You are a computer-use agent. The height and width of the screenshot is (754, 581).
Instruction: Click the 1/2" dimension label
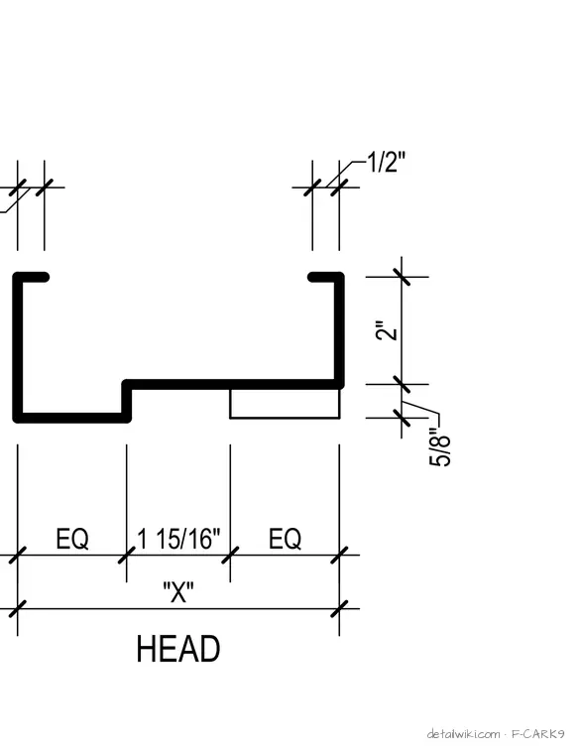(x=387, y=162)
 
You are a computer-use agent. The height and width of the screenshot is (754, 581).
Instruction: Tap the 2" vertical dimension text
(x=388, y=329)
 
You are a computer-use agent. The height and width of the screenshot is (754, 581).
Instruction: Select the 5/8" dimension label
(x=440, y=447)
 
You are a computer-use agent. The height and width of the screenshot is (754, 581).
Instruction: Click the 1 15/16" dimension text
(x=178, y=539)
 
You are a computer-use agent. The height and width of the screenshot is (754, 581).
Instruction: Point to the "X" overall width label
(x=178, y=592)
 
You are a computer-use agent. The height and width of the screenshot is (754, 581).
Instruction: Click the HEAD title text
(x=178, y=649)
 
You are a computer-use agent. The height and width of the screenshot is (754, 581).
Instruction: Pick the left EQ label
(x=72, y=539)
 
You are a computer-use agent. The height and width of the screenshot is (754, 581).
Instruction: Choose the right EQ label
(x=285, y=539)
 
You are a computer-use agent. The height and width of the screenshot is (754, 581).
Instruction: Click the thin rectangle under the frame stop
(x=285, y=404)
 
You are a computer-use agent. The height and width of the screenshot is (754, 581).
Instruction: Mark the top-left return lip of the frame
(x=31, y=277)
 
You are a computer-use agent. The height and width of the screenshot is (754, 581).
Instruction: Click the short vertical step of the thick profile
(x=127, y=401)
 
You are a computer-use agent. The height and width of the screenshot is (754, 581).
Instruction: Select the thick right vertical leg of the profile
(x=339, y=330)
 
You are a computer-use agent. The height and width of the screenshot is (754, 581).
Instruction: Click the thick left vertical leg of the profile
(x=18, y=347)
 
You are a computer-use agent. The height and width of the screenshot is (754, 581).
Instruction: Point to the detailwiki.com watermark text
(x=464, y=734)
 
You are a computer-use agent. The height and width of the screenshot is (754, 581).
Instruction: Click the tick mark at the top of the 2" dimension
(x=402, y=277)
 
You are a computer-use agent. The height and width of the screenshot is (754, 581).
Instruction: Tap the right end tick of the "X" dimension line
(x=339, y=609)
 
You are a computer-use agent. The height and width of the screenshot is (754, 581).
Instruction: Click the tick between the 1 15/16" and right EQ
(x=230, y=555)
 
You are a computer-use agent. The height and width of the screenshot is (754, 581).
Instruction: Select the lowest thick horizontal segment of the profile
(x=72, y=418)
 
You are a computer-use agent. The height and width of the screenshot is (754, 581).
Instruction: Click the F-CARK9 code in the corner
(x=537, y=734)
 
